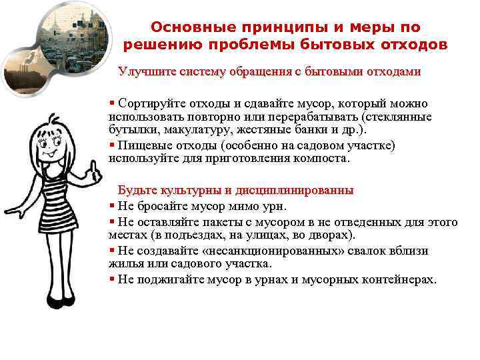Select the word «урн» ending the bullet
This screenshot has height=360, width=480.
click(x=274, y=205)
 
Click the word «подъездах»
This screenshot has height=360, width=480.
click(x=187, y=235)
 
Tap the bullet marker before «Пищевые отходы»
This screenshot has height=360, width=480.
click(x=112, y=145)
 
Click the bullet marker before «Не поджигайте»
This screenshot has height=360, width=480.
click(x=112, y=279)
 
